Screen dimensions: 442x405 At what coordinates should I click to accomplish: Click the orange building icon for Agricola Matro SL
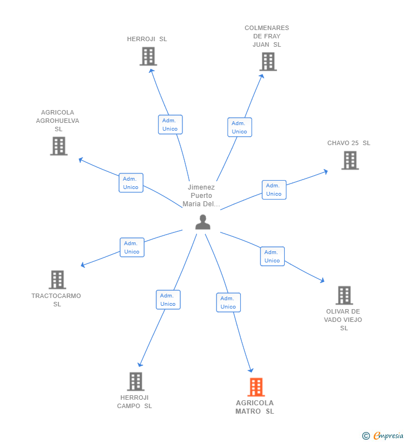tap(255, 387)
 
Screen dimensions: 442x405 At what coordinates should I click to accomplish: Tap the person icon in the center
tap(202, 222)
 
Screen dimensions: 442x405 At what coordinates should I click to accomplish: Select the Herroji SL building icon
tap(148, 57)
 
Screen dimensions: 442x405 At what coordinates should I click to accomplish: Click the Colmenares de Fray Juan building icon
tap(268, 62)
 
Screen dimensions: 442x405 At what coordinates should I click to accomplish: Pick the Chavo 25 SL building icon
tap(349, 161)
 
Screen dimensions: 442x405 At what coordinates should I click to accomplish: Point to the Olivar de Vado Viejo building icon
tap(344, 295)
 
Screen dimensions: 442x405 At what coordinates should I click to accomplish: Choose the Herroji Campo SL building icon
tap(135, 381)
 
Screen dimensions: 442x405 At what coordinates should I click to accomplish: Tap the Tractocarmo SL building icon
tap(57, 280)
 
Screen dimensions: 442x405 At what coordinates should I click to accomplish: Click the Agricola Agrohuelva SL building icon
tap(58, 146)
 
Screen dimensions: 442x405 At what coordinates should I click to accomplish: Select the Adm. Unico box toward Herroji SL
tap(170, 125)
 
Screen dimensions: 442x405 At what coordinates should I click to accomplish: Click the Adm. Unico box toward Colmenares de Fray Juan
tap(239, 127)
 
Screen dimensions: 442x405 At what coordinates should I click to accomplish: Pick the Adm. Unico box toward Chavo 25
tap(274, 190)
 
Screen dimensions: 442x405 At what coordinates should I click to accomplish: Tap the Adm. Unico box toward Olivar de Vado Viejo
tap(272, 256)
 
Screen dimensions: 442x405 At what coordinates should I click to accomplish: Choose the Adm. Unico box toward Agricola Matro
tap(228, 302)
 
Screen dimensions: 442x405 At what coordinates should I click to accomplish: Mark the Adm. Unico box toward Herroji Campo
tap(168, 300)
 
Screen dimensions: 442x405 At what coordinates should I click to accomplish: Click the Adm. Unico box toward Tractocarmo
tap(132, 247)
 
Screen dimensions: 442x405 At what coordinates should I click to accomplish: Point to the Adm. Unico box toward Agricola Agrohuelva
tap(131, 183)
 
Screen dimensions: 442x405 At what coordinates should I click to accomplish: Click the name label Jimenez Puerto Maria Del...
tap(201, 196)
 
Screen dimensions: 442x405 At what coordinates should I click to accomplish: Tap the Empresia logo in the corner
tap(383, 436)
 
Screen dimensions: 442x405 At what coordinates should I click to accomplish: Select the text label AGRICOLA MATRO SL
tap(255, 407)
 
